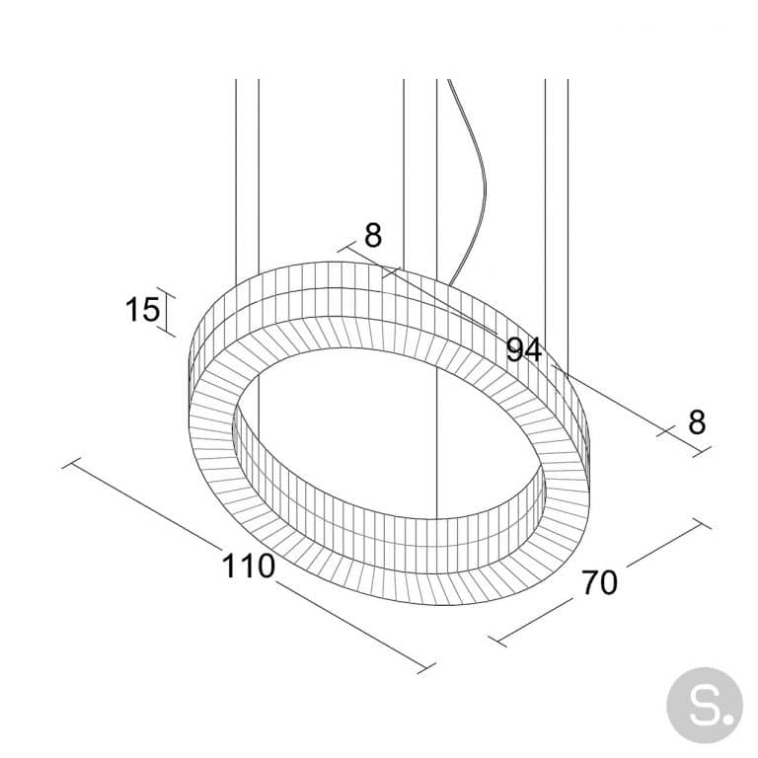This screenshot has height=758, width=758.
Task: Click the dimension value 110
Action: pos(247,567)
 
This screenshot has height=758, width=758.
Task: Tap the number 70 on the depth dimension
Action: pos(599,582)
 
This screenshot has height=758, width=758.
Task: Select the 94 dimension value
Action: pos(524,348)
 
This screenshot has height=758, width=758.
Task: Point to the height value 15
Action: pos(142,310)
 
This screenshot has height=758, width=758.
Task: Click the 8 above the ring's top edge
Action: pos(372,236)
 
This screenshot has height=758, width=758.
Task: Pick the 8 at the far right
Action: pos(697,422)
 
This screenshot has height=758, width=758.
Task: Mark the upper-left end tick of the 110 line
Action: pos(70,462)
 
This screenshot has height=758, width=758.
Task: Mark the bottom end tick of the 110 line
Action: pos(425,668)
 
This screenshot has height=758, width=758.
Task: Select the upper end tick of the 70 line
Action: pos(702,523)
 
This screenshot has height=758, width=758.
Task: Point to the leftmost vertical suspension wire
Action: pos(235,178)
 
